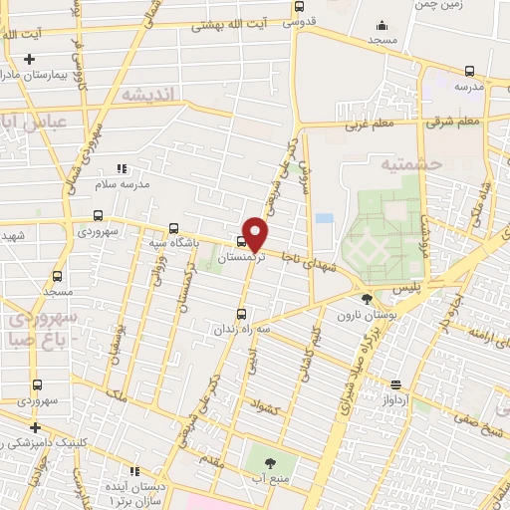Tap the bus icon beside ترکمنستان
(x=241, y=240)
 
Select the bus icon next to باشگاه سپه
(x=174, y=227)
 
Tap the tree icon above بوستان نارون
(x=368, y=298)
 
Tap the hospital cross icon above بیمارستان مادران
(x=30, y=61)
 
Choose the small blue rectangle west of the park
(x=324, y=218)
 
